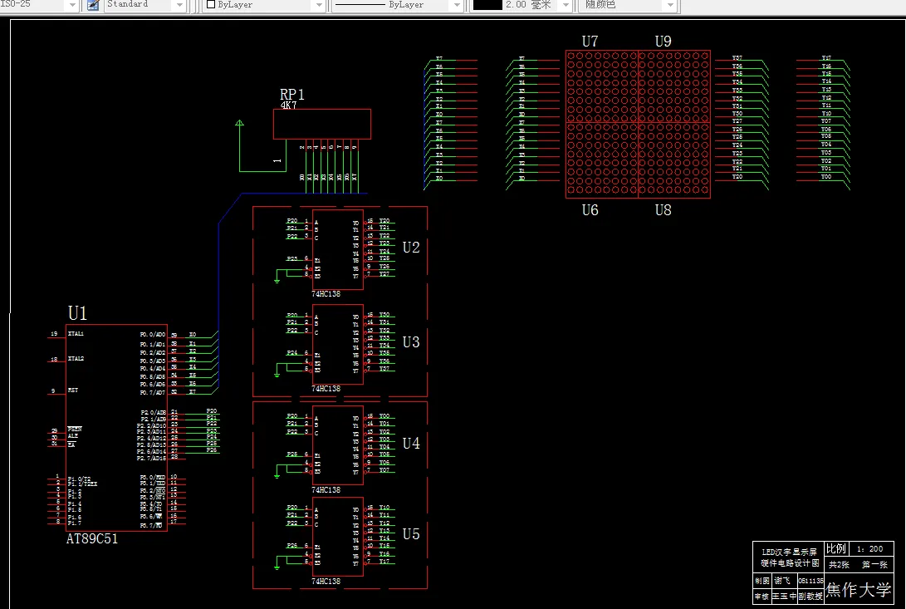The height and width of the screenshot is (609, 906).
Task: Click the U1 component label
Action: click(x=77, y=313)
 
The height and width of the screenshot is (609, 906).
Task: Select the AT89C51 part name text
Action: click(x=92, y=538)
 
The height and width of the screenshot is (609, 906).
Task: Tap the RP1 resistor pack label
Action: click(x=292, y=95)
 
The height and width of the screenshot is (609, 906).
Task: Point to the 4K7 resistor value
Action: click(x=288, y=106)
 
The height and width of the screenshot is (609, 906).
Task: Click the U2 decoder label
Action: click(x=411, y=248)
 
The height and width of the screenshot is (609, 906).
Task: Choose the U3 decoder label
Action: click(x=411, y=342)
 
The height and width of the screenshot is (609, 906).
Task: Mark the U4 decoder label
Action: click(x=411, y=444)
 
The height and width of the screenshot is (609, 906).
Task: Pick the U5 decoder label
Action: click(x=411, y=534)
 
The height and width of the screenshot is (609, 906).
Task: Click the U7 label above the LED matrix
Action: click(x=590, y=41)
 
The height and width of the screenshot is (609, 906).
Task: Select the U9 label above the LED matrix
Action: click(x=663, y=41)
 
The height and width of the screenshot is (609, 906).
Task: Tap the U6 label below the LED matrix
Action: click(x=590, y=210)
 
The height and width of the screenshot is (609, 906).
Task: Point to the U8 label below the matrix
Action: click(x=663, y=210)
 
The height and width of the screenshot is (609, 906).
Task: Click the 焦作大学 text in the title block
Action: click(x=859, y=590)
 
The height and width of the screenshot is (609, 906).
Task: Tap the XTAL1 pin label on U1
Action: click(x=76, y=334)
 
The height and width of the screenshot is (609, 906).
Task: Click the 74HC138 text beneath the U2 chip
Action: click(x=326, y=293)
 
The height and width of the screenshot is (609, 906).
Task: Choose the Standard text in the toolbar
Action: click(x=128, y=4)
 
